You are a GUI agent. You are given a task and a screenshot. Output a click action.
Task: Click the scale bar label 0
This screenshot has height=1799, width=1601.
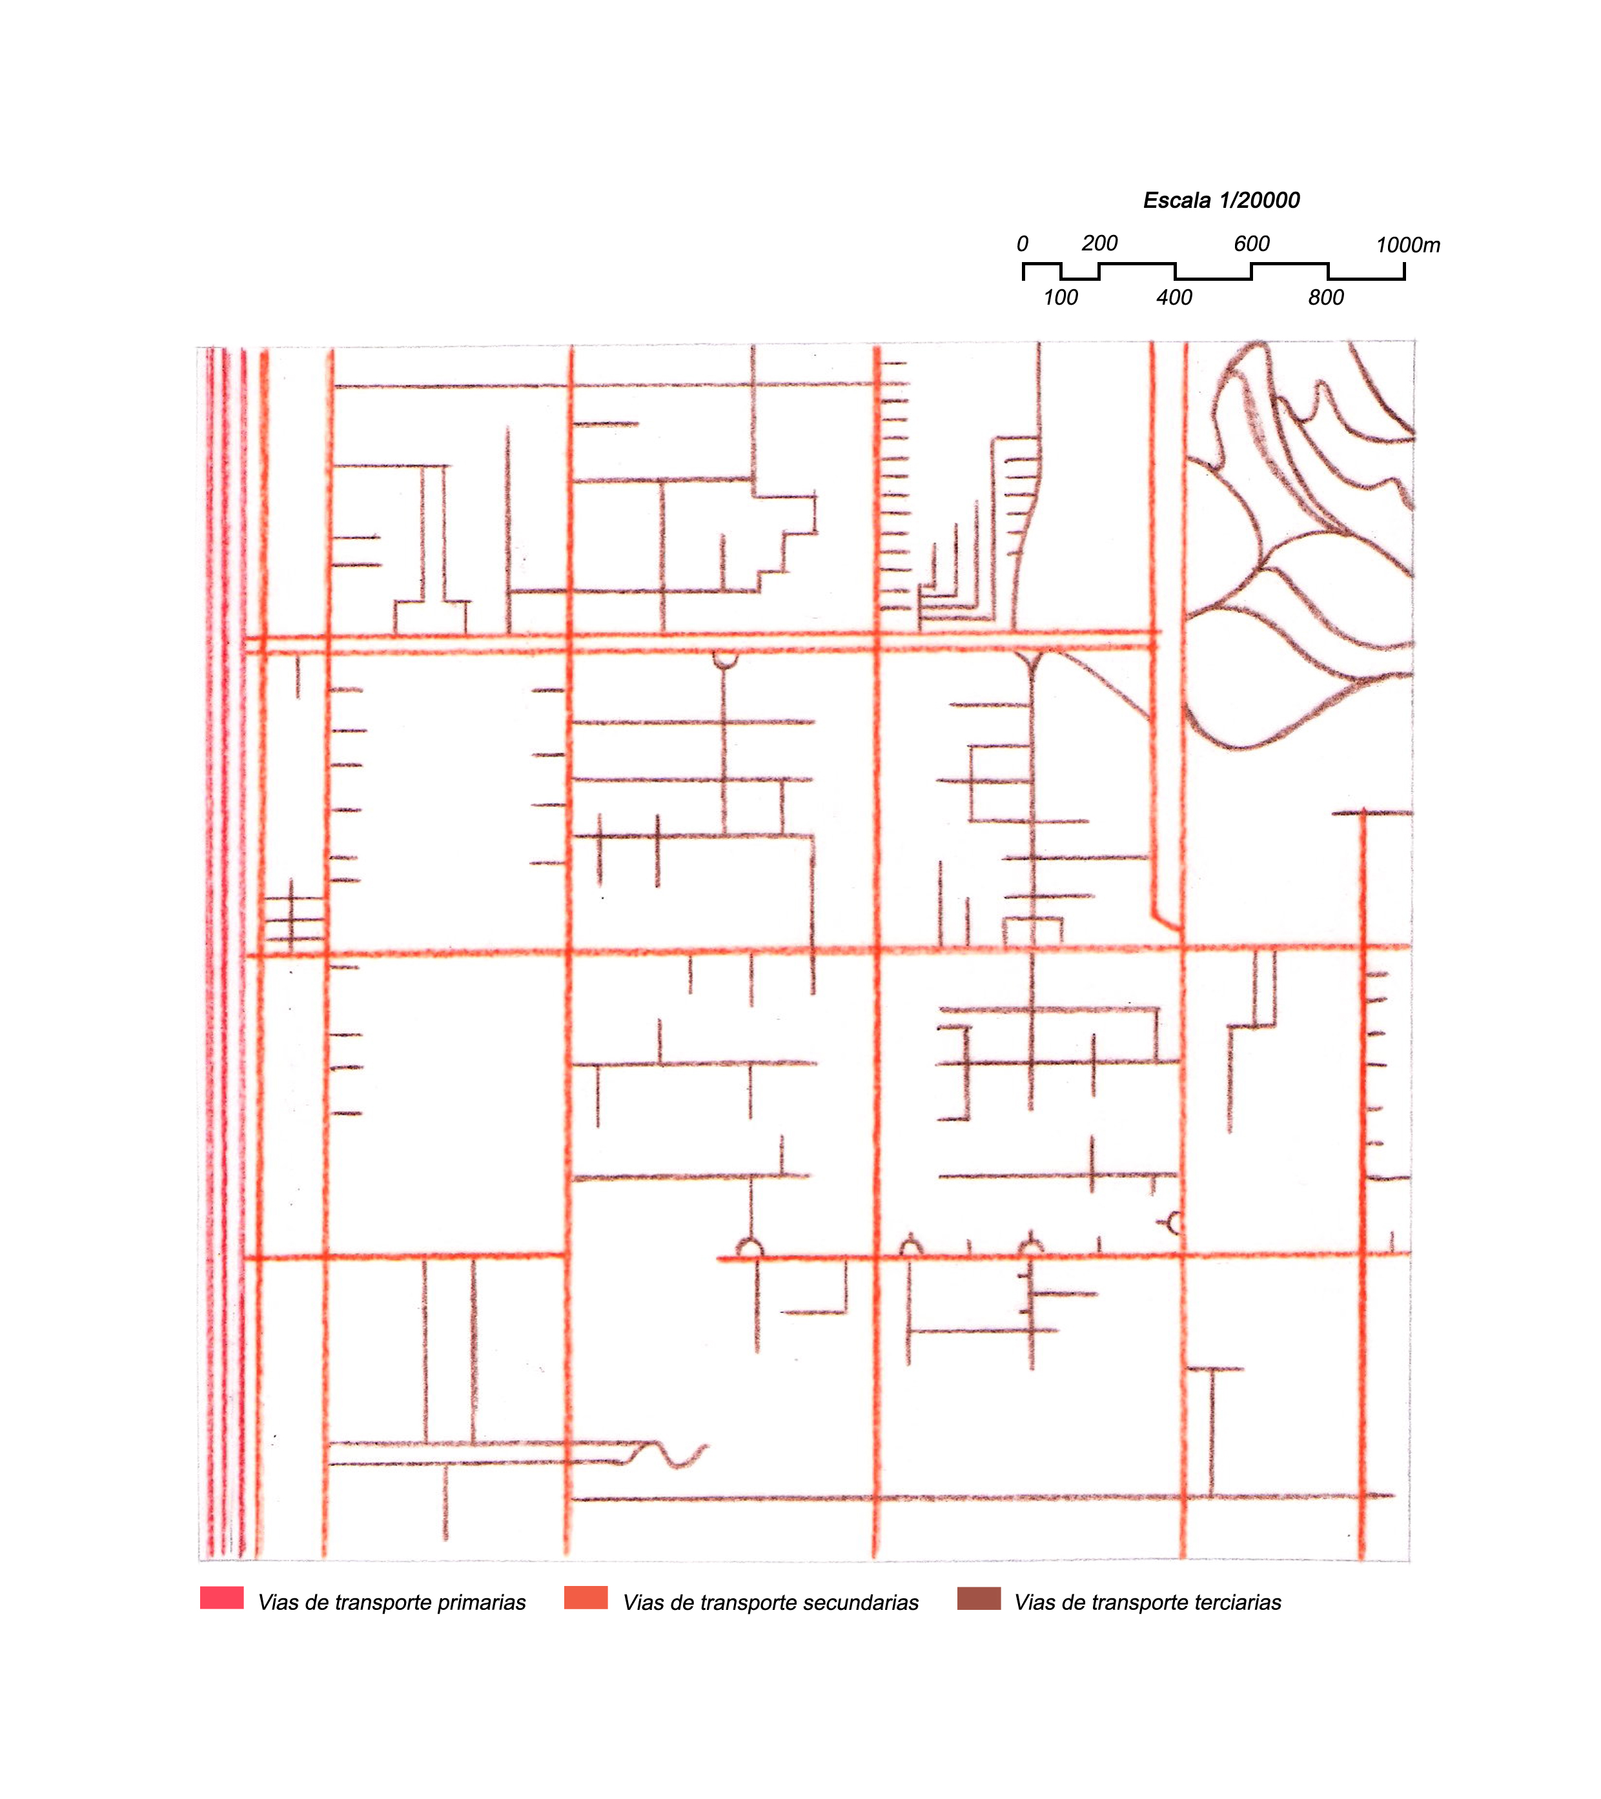(1022, 244)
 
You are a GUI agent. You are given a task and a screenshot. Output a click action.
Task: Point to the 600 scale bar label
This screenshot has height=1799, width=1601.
(1252, 244)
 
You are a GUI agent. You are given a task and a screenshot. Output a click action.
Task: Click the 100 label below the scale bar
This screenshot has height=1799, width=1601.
(1061, 298)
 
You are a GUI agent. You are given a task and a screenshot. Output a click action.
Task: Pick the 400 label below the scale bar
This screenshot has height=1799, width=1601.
(1174, 298)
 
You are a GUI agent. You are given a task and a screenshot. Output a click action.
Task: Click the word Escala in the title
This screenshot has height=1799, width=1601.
(1177, 201)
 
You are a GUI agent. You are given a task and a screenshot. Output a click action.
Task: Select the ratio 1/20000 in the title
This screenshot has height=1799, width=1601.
(1259, 201)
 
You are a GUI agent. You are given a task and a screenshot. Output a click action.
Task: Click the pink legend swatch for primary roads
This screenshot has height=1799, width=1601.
(222, 1598)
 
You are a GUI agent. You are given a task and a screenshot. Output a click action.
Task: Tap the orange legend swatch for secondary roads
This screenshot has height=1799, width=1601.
(586, 1598)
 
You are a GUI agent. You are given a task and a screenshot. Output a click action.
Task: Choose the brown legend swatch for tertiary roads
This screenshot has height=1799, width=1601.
(979, 1598)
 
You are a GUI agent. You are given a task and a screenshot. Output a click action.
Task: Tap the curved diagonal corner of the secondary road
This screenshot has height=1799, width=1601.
(1165, 922)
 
